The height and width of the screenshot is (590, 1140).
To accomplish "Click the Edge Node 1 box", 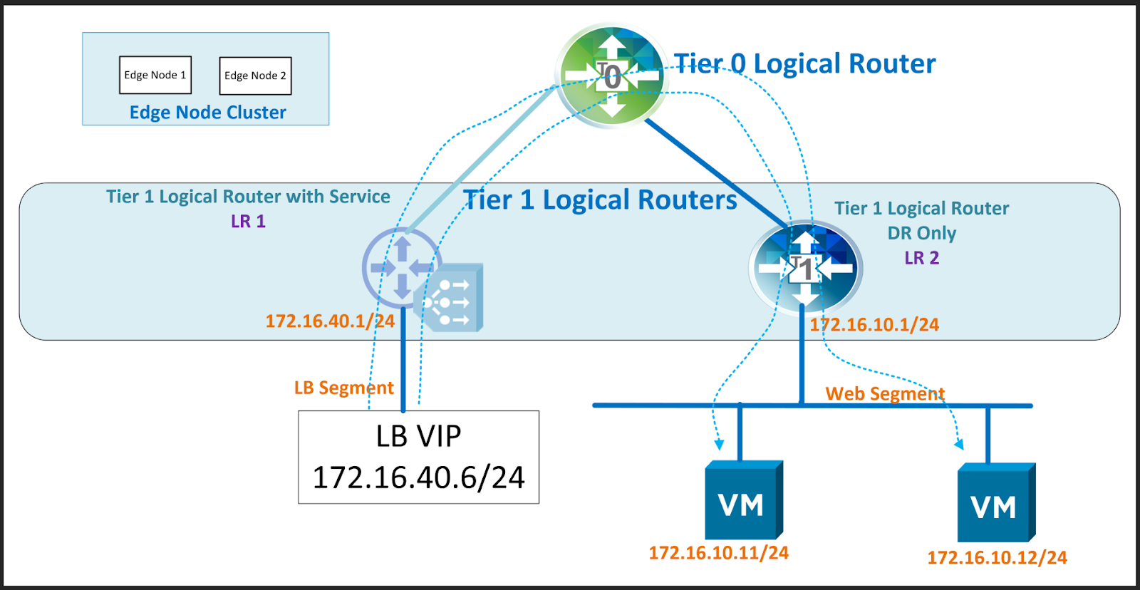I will coord(155,75).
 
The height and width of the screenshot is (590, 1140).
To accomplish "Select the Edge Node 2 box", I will coord(255,76).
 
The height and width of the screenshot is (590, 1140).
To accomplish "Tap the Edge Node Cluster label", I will coord(207,113).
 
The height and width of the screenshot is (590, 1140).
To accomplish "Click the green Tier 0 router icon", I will coord(612,75).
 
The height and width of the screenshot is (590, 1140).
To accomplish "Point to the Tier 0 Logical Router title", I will coord(804,64).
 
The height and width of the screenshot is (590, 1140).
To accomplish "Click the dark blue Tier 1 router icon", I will coord(805,268).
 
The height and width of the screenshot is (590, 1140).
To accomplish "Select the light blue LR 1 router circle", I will coord(402,267).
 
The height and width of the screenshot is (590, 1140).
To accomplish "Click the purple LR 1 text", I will coord(248,222).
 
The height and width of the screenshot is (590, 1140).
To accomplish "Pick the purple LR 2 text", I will coord(922,258).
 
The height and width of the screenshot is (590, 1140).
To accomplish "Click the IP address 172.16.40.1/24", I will coord(330,321).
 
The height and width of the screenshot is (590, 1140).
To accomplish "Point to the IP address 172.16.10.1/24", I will coord(874,325).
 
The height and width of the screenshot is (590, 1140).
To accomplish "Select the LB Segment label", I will coord(343,388).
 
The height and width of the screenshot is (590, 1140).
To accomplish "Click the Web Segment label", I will coord(885,394).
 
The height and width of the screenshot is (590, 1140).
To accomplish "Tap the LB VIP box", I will coord(419,457).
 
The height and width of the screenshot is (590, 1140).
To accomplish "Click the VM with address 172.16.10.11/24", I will coord(743,502).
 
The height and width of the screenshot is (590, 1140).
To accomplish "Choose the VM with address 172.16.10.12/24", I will coord(995,504).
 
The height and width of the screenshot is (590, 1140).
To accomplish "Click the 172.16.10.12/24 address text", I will coord(997,558).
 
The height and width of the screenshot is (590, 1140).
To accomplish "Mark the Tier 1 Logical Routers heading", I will coord(600,200).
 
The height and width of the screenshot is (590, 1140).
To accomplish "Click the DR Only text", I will coord(922,233).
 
